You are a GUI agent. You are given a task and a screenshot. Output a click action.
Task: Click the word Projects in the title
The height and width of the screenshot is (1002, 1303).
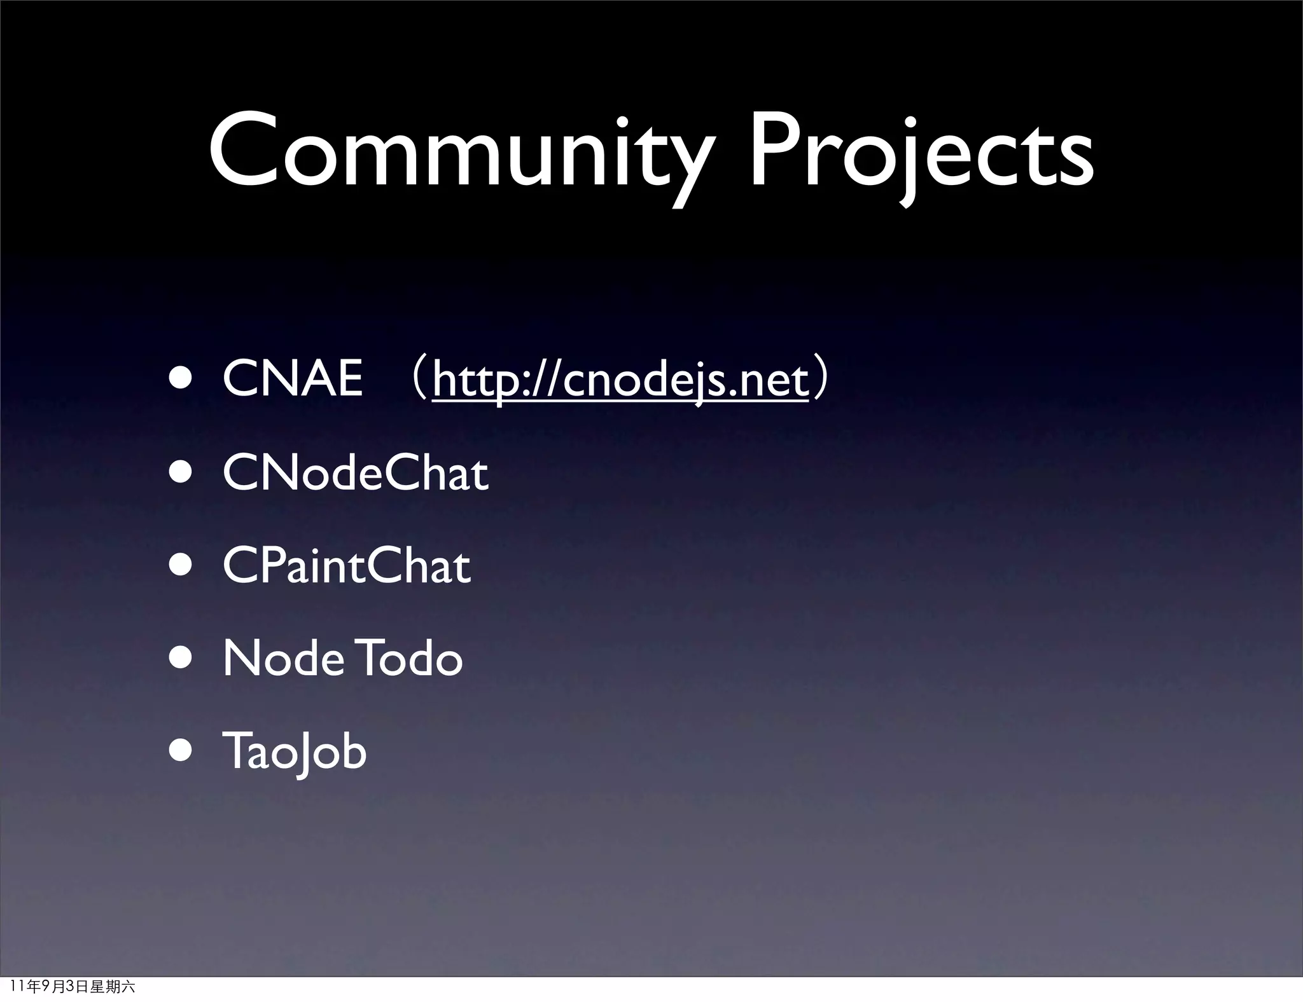[921, 153]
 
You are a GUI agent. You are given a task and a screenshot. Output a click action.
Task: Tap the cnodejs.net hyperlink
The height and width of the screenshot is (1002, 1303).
[620, 380]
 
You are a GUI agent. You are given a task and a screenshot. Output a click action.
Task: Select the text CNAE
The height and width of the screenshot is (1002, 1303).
[293, 379]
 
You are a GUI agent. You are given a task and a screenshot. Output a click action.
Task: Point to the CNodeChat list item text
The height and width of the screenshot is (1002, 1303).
[356, 474]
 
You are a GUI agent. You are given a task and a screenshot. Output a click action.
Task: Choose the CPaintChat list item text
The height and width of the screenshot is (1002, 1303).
[347, 566]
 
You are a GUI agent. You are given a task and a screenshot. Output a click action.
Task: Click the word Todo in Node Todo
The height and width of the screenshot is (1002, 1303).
[412, 659]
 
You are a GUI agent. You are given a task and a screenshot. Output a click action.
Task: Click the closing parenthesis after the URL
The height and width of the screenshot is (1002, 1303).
[821, 380]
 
